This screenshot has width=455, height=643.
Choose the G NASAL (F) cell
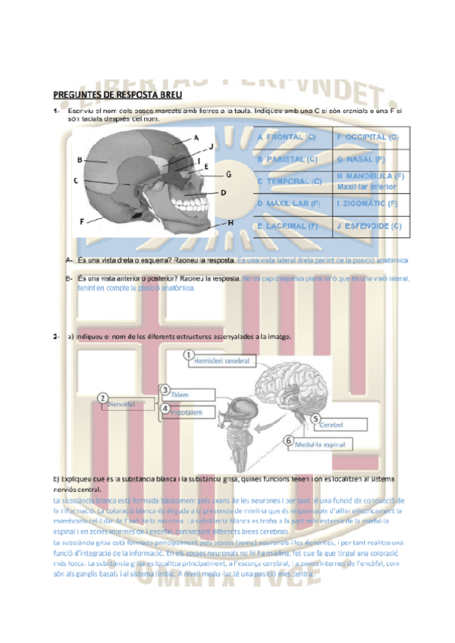pyautogui.click(x=362, y=160)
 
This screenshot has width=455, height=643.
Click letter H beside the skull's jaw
pyautogui.click(x=229, y=223)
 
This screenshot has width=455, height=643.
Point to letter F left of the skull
pyautogui.click(x=81, y=221)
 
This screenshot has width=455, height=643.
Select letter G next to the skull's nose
pyautogui.click(x=227, y=174)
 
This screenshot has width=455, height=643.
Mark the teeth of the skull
pyautogui.click(x=186, y=201)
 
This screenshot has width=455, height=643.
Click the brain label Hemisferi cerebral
pyautogui.click(x=221, y=361)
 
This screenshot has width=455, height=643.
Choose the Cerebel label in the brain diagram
pyautogui.click(x=336, y=425)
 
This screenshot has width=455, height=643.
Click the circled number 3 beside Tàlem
pyautogui.click(x=165, y=391)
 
